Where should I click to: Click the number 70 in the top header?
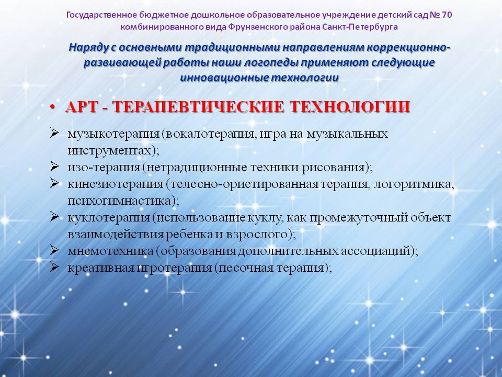pos(446,15)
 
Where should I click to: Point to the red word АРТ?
pos(82,107)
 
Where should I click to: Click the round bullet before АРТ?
pos(53,107)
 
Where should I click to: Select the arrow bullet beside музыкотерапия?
pos(54,132)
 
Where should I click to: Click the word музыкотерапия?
pos(113,134)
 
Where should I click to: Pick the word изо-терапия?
pos(104,168)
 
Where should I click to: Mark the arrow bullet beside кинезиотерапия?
pos(54,183)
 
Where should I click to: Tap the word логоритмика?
pos(414,184)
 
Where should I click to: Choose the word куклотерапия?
pos(109,218)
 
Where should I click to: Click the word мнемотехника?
pos(110,251)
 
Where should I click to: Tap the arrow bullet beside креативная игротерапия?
pos(54,267)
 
